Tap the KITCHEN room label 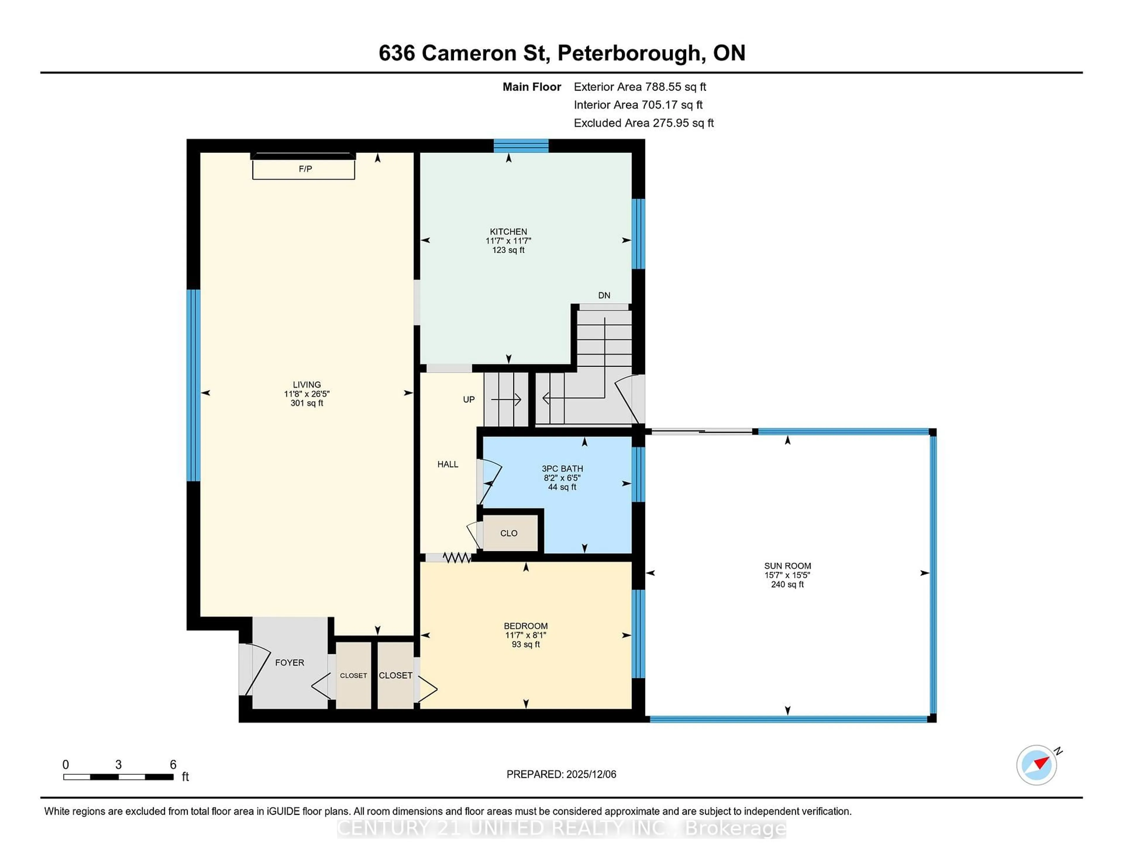[x=508, y=231]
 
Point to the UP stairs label [x=469, y=399]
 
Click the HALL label [x=447, y=464]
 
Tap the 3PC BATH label [x=562, y=469]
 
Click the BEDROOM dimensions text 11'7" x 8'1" [x=526, y=635]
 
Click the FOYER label [x=290, y=662]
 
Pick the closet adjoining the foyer [x=353, y=675]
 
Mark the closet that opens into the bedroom [x=395, y=675]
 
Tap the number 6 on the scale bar [x=173, y=765]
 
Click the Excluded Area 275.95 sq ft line [x=643, y=123]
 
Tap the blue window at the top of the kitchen [x=521, y=146]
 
